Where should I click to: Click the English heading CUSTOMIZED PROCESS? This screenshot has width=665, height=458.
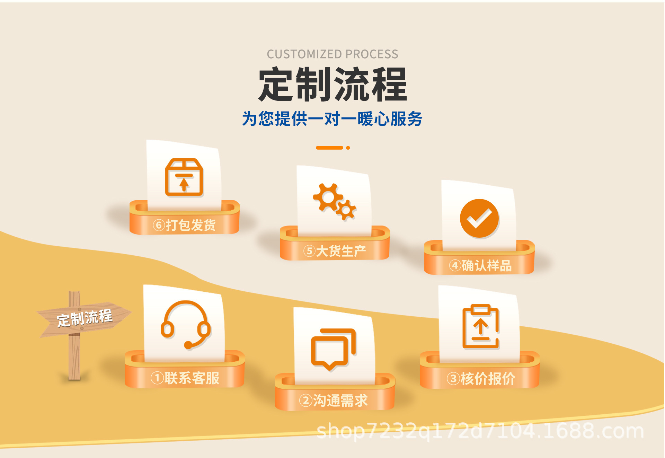[332, 54]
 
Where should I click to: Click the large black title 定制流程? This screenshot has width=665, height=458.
[332, 85]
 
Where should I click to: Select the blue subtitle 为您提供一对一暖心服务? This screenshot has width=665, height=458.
[332, 119]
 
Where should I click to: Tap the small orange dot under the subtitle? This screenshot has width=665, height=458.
[348, 148]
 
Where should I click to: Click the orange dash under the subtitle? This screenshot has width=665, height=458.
[329, 148]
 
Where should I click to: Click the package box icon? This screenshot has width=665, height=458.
[184, 177]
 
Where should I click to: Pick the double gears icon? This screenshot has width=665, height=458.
[335, 202]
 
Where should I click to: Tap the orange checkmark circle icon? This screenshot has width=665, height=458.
[479, 218]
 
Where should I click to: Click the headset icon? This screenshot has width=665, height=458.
[186, 324]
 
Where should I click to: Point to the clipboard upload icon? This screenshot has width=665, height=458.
[480, 326]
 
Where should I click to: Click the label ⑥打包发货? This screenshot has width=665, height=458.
[184, 225]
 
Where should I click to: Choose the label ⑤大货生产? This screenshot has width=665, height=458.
[335, 251]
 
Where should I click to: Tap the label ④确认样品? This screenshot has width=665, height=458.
[480, 266]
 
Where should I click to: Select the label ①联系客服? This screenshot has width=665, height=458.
[185, 378]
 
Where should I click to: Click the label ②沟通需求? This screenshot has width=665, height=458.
[333, 401]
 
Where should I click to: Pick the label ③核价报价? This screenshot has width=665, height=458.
[480, 379]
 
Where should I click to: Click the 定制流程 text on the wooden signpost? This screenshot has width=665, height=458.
[85, 318]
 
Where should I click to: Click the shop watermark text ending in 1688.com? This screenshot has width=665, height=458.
[480, 431]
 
